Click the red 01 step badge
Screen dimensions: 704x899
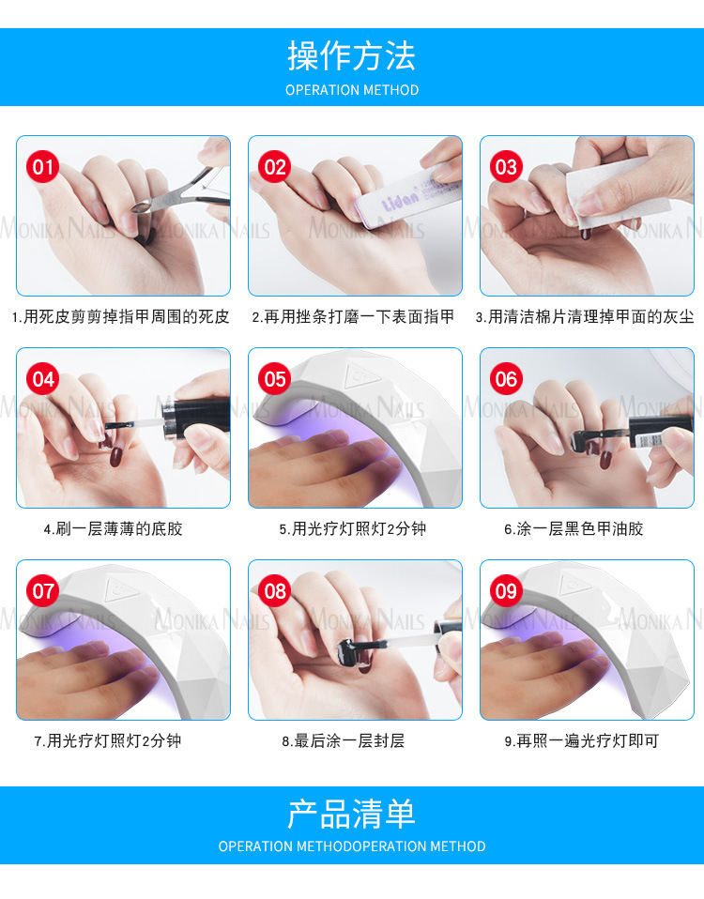[x=43, y=167]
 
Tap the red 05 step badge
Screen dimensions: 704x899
[x=275, y=379]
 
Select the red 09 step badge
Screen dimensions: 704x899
[x=506, y=591]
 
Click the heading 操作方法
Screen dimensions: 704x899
[x=351, y=56]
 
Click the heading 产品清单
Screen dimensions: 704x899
[x=351, y=815]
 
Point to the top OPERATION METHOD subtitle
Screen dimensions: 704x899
[x=352, y=91]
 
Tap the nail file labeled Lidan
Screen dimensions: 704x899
[x=408, y=192]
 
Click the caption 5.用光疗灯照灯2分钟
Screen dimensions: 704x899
[x=353, y=528]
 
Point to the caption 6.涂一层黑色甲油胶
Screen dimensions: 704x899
[x=574, y=528]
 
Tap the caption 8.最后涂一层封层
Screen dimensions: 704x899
[x=344, y=740]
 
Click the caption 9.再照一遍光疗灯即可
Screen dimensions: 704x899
[x=581, y=740]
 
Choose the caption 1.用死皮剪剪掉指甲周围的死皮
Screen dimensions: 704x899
[x=120, y=316]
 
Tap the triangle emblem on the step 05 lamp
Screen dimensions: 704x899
[x=361, y=376]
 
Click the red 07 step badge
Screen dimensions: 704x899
[x=43, y=591]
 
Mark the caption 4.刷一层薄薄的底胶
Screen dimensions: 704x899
[x=113, y=528]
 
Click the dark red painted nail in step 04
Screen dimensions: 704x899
[x=115, y=456]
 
